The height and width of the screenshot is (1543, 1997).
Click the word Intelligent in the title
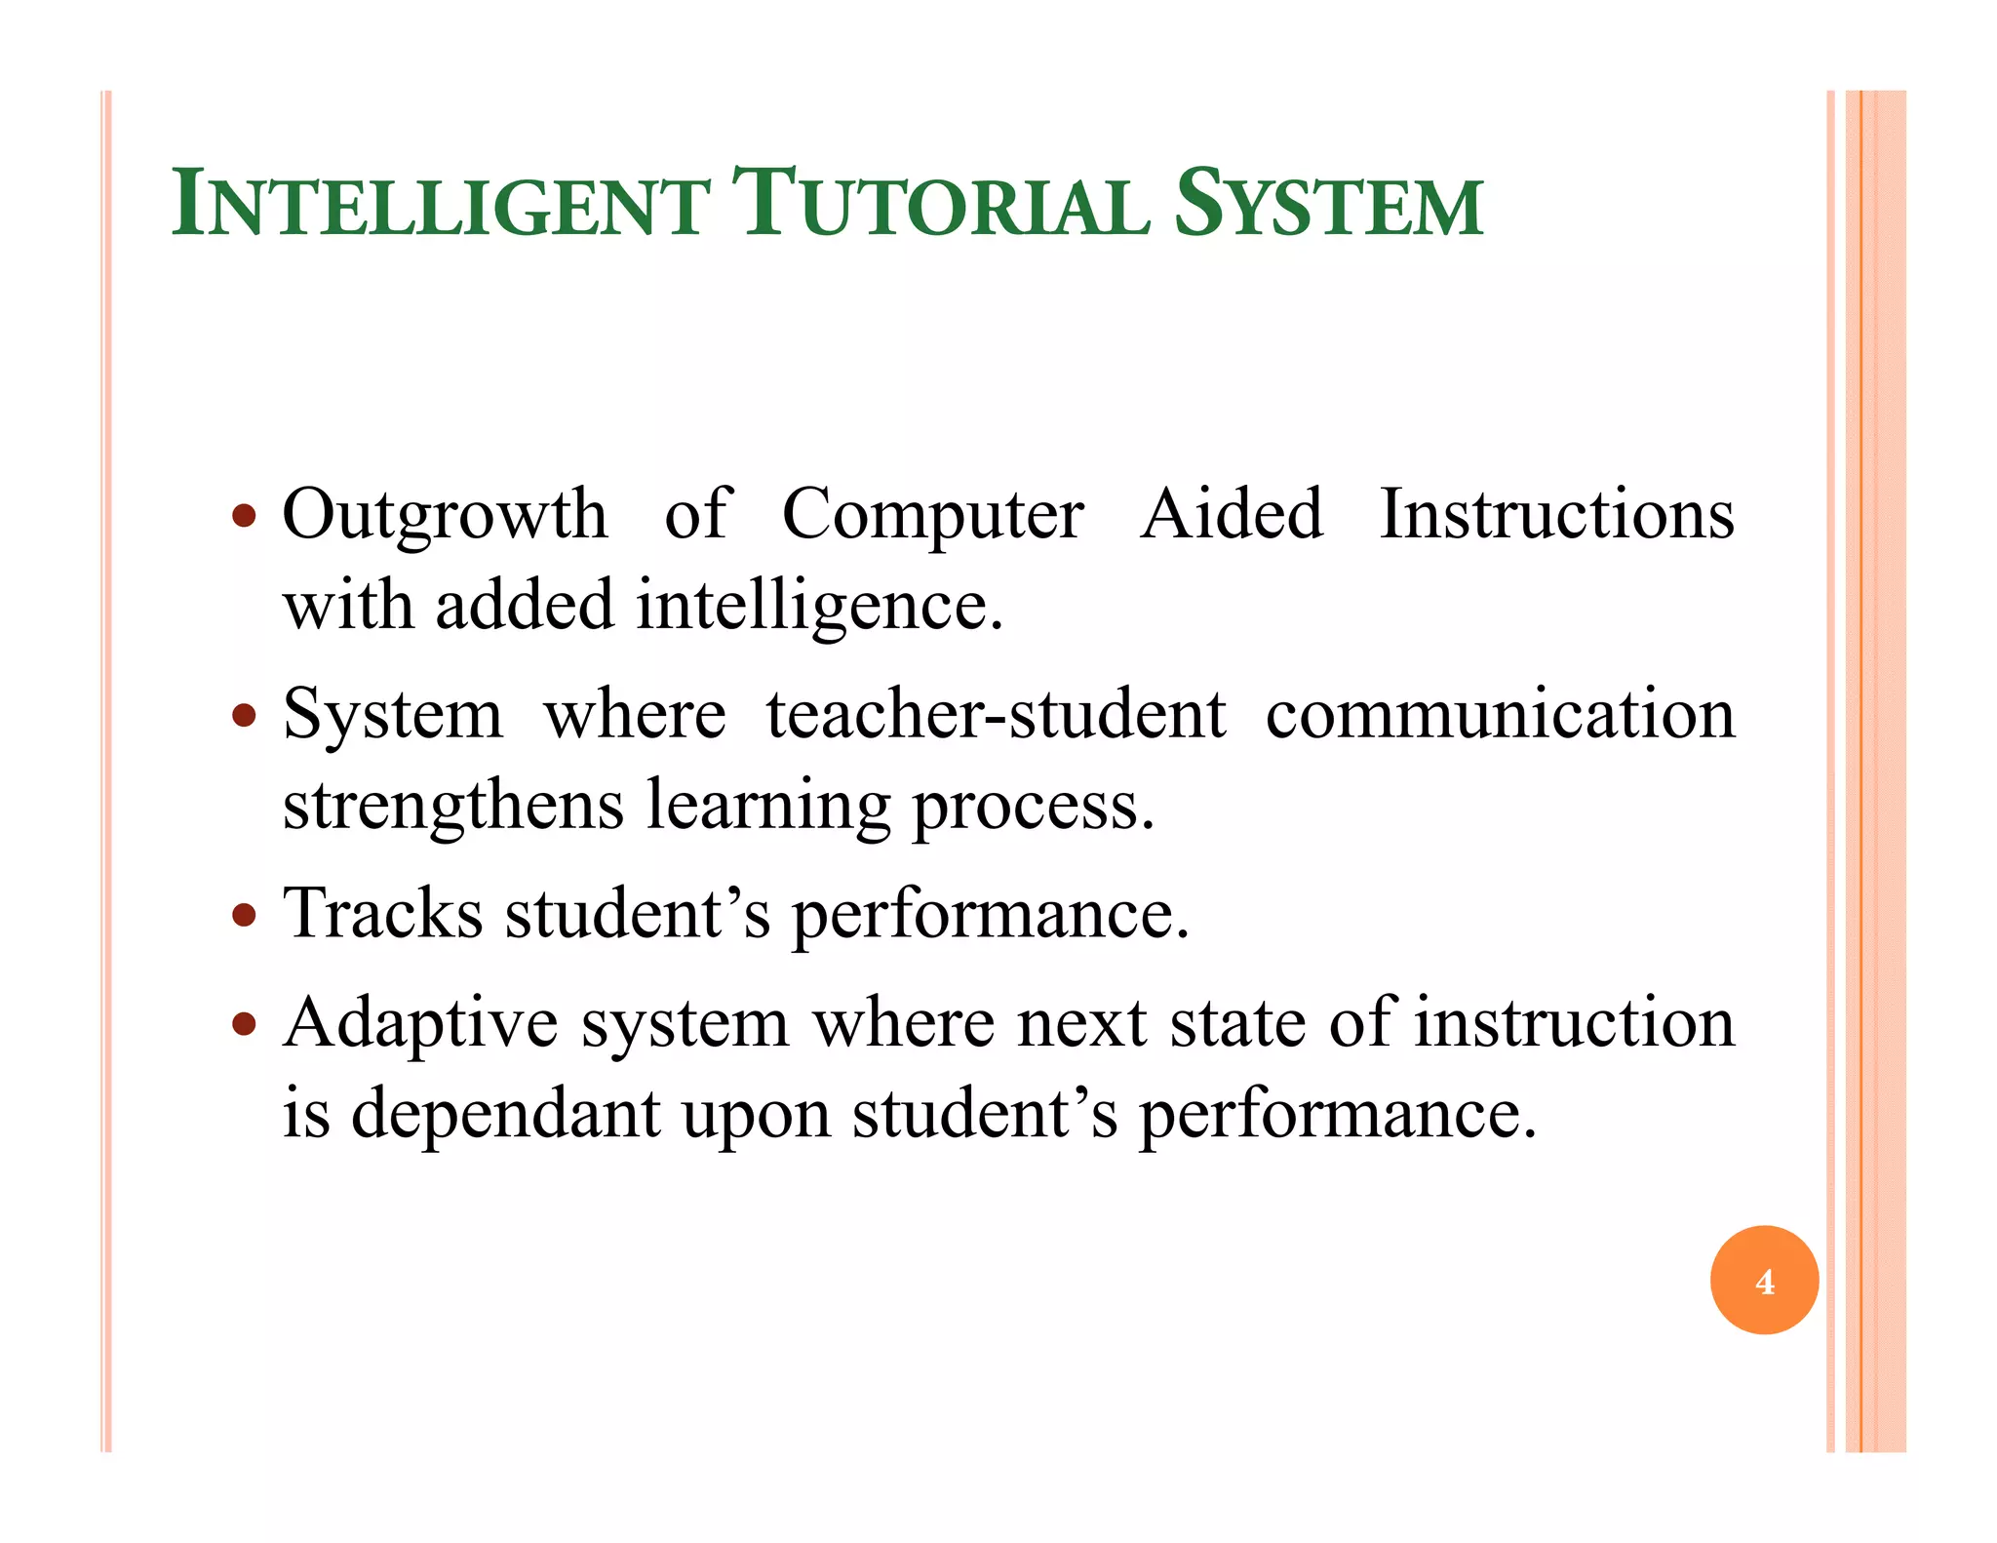pos(440,206)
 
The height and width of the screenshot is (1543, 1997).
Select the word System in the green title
pos(1328,206)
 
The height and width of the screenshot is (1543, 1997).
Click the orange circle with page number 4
pos(1764,1280)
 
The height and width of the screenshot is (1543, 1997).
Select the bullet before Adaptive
pos(245,1024)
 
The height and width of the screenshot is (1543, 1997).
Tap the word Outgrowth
pos(445,515)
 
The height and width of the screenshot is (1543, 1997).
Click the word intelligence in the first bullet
pos(819,607)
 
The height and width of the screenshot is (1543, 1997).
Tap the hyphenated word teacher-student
pos(996,714)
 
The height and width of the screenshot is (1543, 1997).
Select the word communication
pos(1501,714)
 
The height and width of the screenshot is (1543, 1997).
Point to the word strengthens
pos(453,806)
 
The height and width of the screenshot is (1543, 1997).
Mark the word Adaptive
pos(421,1024)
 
